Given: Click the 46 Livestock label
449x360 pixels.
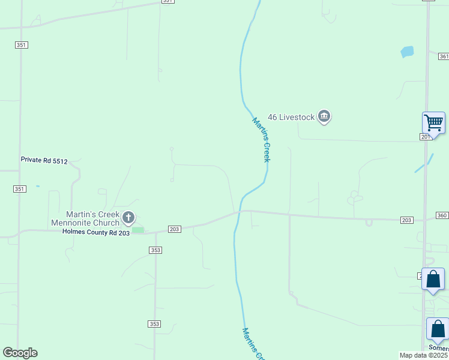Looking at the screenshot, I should (x=291, y=117).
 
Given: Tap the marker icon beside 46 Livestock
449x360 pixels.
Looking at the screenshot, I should (x=324, y=116).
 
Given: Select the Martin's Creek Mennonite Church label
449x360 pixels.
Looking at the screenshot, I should (x=92, y=219).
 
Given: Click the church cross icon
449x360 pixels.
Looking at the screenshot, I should (x=128, y=217).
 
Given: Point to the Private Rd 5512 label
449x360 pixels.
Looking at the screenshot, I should (x=44, y=160).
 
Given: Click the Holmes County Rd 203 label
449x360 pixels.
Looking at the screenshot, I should (x=96, y=232).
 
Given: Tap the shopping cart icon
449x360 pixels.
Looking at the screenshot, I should (x=433, y=122).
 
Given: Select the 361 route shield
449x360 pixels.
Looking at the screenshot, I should (x=444, y=56).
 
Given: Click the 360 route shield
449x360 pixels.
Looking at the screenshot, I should (x=442, y=215).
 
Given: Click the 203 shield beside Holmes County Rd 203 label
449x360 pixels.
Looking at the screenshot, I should (x=175, y=229).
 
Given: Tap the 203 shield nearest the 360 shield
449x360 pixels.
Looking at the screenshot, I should (x=407, y=220).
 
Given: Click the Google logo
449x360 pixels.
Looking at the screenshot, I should (x=20, y=353).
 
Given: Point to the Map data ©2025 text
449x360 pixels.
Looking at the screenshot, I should (x=424, y=355).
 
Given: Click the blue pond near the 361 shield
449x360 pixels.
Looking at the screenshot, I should (x=407, y=52).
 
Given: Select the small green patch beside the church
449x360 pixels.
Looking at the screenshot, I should (x=138, y=230).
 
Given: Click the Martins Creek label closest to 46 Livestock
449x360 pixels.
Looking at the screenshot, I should (x=262, y=139).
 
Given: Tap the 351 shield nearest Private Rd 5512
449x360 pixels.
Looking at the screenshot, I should (x=20, y=189).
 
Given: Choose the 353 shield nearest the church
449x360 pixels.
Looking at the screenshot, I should (x=155, y=250).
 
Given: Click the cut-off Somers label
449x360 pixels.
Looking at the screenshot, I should (x=438, y=348).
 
